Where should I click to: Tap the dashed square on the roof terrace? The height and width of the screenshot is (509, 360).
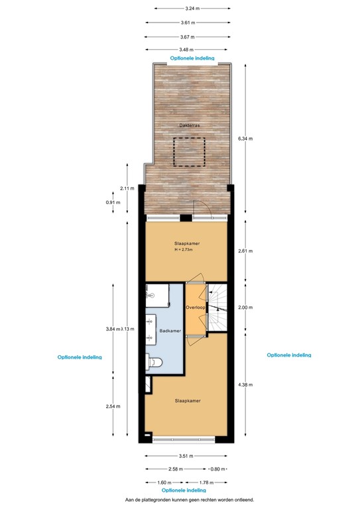tap(189, 151)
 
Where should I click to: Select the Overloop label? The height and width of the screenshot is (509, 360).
tap(195, 308)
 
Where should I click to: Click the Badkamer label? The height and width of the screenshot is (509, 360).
tap(170, 331)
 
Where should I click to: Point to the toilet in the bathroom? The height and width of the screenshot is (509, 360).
tap(156, 362)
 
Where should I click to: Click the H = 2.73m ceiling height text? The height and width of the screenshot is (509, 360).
tap(187, 250)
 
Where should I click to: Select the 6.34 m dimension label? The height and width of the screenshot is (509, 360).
tap(245, 139)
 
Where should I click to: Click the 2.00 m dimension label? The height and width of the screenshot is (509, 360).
tap(245, 308)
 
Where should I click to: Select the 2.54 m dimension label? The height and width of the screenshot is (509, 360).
tap(113, 406)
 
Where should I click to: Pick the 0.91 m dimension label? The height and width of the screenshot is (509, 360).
tap(112, 202)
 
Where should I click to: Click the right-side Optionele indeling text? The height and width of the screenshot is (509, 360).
tap(288, 355)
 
